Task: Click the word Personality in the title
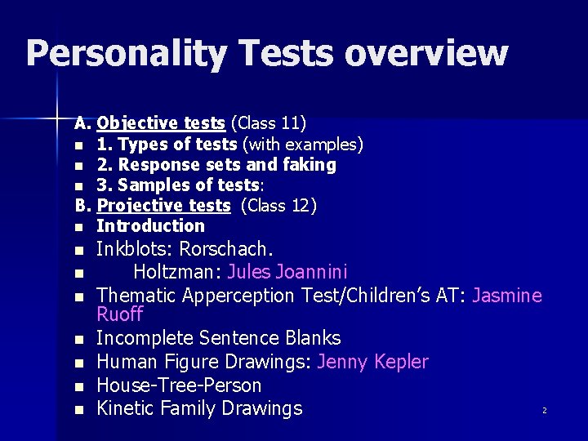125,54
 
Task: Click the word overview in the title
425,54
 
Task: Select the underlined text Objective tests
161,123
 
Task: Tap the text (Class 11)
269,123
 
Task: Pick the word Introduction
150,225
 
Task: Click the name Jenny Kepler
372,361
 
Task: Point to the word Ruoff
119,314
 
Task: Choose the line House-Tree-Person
179,385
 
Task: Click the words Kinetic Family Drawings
199,408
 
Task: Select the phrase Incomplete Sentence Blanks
218,337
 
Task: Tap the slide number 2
544,411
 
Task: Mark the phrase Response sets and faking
227,165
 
